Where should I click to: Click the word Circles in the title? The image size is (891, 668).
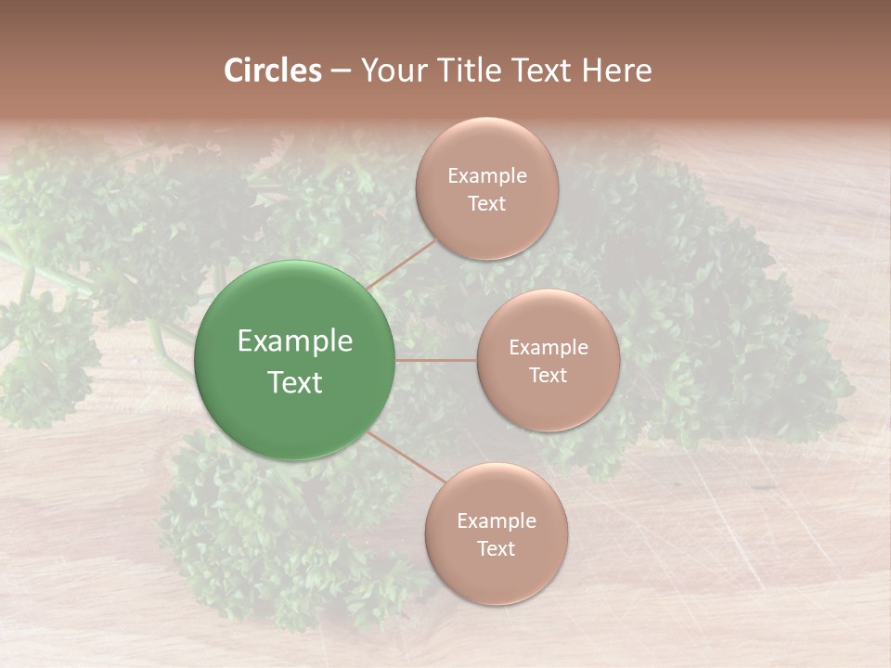(x=273, y=71)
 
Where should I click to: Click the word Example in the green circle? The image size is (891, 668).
(x=295, y=341)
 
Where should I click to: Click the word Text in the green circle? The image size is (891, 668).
(x=295, y=382)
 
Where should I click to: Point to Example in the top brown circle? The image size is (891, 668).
(x=486, y=176)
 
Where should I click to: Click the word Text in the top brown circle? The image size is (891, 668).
(x=486, y=204)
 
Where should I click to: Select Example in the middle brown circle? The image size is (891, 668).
(x=548, y=348)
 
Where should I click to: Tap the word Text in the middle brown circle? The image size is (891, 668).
(x=548, y=376)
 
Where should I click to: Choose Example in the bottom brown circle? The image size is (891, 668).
(x=497, y=521)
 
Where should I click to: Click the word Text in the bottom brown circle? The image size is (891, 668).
(x=497, y=549)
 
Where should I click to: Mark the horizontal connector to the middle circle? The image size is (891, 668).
(x=436, y=361)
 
